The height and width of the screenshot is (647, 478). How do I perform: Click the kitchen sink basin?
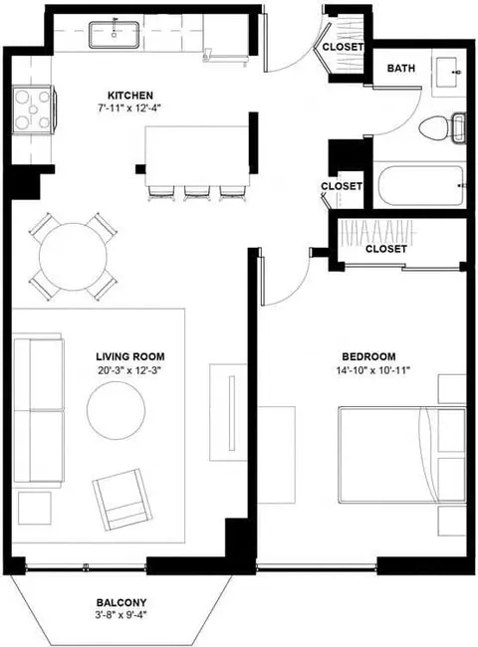pos(114,34)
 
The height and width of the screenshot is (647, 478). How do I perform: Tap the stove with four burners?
pos(33,109)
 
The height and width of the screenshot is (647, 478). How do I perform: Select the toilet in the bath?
pos(442,128)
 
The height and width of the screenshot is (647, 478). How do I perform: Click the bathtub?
pos(420,185)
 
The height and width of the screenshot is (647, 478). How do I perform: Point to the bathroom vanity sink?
pos(447,73)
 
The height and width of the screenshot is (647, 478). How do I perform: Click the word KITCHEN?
pos(130,96)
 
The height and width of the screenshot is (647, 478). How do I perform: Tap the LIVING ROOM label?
pos(130,356)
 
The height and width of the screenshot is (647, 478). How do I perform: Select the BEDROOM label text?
pos(368,356)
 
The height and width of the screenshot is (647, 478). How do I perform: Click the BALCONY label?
pos(121,603)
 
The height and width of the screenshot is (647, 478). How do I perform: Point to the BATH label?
pos(400,68)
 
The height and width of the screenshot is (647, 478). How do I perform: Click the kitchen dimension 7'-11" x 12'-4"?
pos(128,108)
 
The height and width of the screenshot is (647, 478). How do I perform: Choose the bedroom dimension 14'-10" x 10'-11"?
pos(372,369)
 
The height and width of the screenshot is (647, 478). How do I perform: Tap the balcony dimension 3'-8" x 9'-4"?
pos(120,615)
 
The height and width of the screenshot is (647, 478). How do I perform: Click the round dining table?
pos(73,257)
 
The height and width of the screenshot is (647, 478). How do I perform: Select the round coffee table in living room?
pos(116,410)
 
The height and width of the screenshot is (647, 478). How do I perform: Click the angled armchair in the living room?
pos(122,500)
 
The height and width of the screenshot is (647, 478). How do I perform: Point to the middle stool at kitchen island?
pos(195,193)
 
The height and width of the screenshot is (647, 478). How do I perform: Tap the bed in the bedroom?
pos(402,455)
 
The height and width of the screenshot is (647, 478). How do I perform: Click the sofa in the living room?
pos(39,410)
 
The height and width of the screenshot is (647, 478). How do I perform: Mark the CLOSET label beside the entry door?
pos(343,47)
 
